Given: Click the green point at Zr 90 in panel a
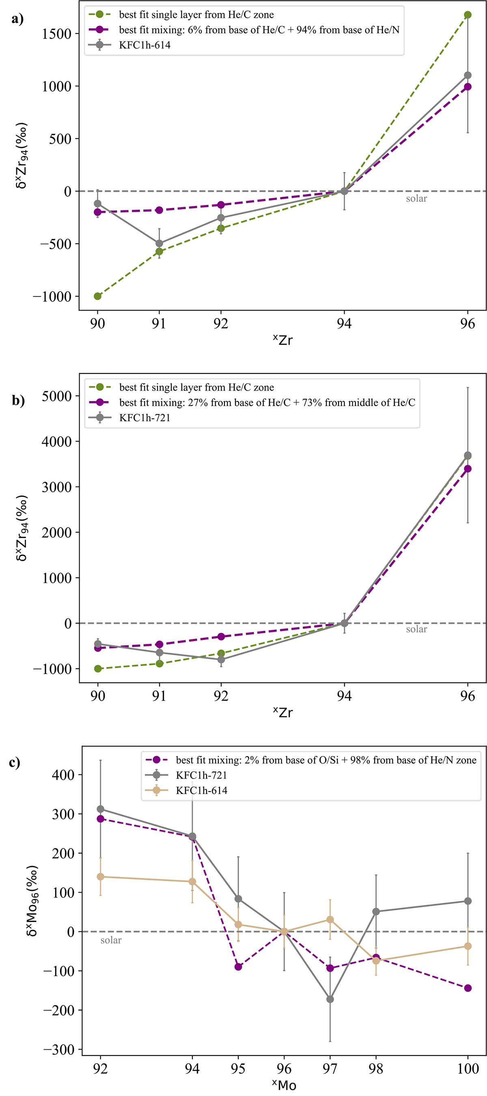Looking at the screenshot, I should pyautogui.click(x=97, y=296).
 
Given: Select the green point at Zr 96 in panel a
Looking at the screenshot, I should pyautogui.click(x=468, y=15).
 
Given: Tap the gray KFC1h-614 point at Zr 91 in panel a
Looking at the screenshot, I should pyautogui.click(x=159, y=243).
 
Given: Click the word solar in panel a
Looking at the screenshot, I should pyautogui.click(x=416, y=199).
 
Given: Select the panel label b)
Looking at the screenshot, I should pyautogui.click(x=18, y=400).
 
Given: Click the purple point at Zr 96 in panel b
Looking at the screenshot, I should pyautogui.click(x=468, y=468).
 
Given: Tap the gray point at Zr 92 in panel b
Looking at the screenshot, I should pyautogui.click(x=221, y=659).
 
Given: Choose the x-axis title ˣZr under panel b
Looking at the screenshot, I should pyautogui.click(x=283, y=712).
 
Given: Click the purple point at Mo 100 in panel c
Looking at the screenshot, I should pyautogui.click(x=468, y=988).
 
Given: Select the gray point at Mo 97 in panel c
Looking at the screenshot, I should pyautogui.click(x=330, y=999).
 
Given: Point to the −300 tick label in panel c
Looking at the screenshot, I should pyautogui.click(x=58, y=1050).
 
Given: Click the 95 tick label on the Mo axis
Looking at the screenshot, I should pyautogui.click(x=238, y=1068).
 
